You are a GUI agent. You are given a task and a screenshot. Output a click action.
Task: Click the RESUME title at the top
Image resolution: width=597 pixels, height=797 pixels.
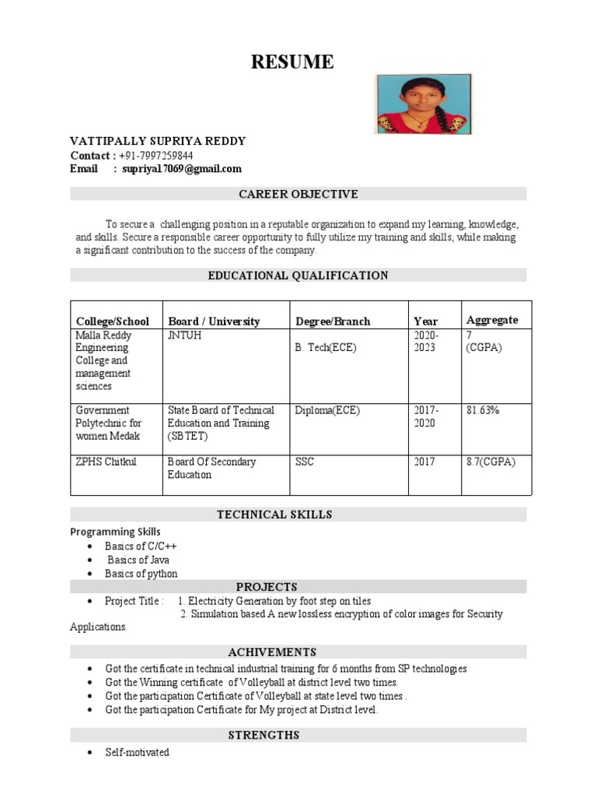(x=292, y=62)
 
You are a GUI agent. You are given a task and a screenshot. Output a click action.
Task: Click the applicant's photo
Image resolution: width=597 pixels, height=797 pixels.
(x=423, y=104)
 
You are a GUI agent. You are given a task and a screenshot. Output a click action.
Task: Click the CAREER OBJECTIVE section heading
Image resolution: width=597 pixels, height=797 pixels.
(x=298, y=194)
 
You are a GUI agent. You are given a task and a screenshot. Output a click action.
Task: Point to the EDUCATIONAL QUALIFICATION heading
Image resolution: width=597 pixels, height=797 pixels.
(x=298, y=276)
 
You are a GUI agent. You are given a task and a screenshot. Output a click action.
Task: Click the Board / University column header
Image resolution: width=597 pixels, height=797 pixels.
(x=214, y=321)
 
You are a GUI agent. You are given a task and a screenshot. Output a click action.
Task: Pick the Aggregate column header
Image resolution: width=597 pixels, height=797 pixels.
(x=492, y=320)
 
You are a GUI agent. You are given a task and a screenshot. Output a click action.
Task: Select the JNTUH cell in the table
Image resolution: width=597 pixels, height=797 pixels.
(x=184, y=335)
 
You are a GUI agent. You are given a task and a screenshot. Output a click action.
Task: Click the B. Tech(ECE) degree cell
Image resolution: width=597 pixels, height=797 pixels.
(x=326, y=348)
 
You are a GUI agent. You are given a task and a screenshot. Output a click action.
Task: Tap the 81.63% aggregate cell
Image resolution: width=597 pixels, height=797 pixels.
(x=483, y=410)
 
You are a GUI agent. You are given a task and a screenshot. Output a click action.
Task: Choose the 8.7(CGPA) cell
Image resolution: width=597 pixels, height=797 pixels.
(x=491, y=462)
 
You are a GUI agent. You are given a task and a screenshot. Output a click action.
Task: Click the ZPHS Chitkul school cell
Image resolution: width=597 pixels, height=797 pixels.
(x=106, y=462)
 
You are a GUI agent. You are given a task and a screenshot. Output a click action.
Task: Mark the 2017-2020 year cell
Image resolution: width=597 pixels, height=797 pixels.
(x=425, y=416)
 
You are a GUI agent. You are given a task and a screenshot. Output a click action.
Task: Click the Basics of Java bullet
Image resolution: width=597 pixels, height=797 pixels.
(x=138, y=560)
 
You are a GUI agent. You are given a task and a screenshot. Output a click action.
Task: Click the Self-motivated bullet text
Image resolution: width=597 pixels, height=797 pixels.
(x=137, y=753)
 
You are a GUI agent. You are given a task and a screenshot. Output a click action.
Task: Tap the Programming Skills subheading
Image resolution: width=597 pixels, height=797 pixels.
(x=115, y=532)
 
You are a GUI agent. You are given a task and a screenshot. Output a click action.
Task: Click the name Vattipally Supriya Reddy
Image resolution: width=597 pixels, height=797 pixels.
(x=158, y=141)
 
